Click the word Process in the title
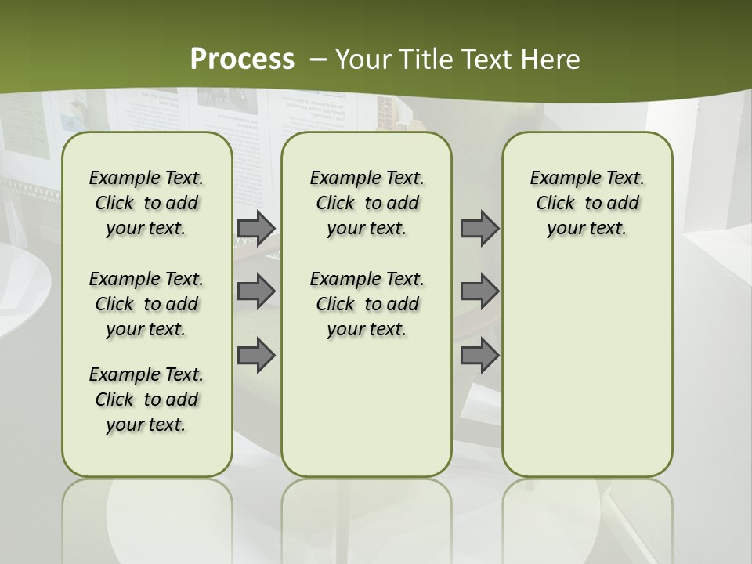point(242,60)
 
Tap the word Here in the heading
point(551,60)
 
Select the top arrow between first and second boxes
point(256,228)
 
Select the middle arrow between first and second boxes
point(256,291)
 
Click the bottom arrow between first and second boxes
point(256,356)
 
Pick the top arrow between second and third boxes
point(479,228)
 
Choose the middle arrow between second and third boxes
point(479,291)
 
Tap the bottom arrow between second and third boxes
point(479,356)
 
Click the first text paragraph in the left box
point(146,204)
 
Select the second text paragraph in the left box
point(146,304)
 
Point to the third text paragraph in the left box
point(146,399)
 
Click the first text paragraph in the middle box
point(367,204)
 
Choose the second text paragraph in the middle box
point(367,304)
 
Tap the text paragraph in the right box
point(587,204)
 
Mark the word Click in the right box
point(555,204)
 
